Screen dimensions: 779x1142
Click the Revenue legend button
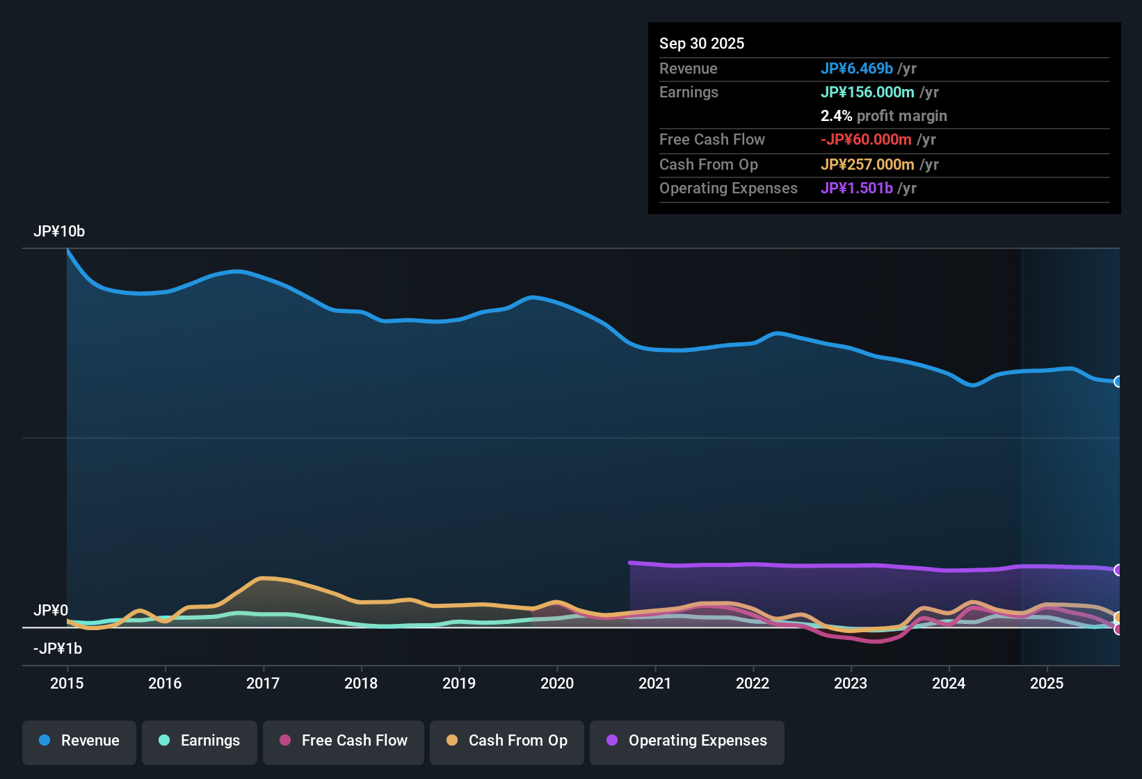click(79, 741)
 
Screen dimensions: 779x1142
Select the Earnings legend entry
click(200, 741)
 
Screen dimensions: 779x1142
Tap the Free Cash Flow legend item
click(344, 741)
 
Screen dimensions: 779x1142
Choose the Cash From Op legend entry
click(507, 741)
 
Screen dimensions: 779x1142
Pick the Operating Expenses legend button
click(687, 741)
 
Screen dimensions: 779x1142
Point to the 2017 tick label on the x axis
click(263, 683)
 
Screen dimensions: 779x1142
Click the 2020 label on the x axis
click(557, 683)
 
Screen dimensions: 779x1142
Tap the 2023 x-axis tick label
click(851, 683)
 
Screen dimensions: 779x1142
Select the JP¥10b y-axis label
click(59, 232)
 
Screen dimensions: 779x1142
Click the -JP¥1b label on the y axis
click(58, 649)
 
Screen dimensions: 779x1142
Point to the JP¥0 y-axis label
click(51, 611)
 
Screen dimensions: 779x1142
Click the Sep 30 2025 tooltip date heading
click(702, 44)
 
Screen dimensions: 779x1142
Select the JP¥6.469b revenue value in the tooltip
click(856, 69)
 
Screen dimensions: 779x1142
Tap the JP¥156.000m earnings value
click(867, 93)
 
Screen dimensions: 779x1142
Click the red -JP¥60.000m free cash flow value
click(866, 140)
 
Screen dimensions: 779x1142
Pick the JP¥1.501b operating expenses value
click(856, 188)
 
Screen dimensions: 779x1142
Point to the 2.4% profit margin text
click(883, 116)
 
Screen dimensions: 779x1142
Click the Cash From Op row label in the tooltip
click(708, 165)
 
